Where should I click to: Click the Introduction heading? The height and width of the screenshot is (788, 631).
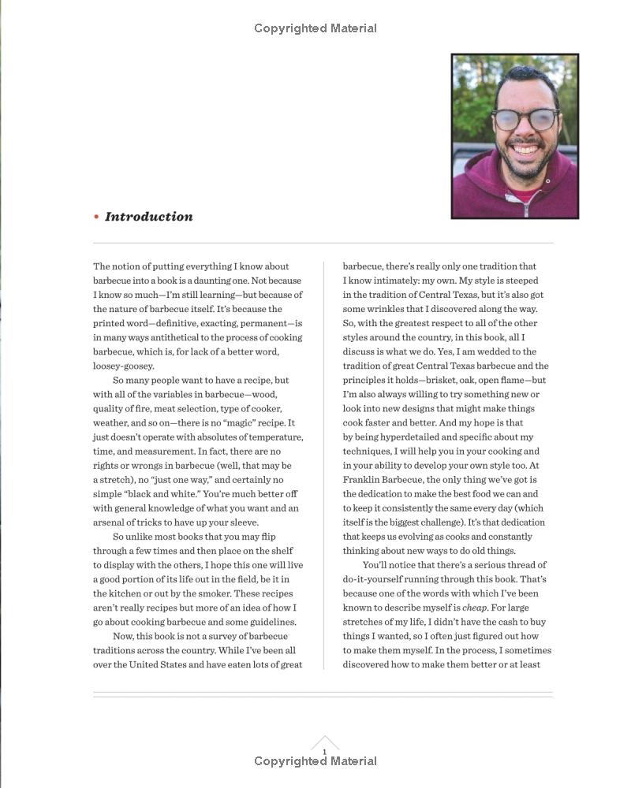(148, 217)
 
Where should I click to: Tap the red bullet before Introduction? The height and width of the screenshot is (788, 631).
(96, 217)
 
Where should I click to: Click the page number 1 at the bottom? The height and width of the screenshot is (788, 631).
(324, 753)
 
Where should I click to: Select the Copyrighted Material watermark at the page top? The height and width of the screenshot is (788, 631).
(315, 28)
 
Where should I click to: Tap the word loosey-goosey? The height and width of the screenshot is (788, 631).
(124, 366)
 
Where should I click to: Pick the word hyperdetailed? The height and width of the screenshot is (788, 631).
(411, 437)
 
